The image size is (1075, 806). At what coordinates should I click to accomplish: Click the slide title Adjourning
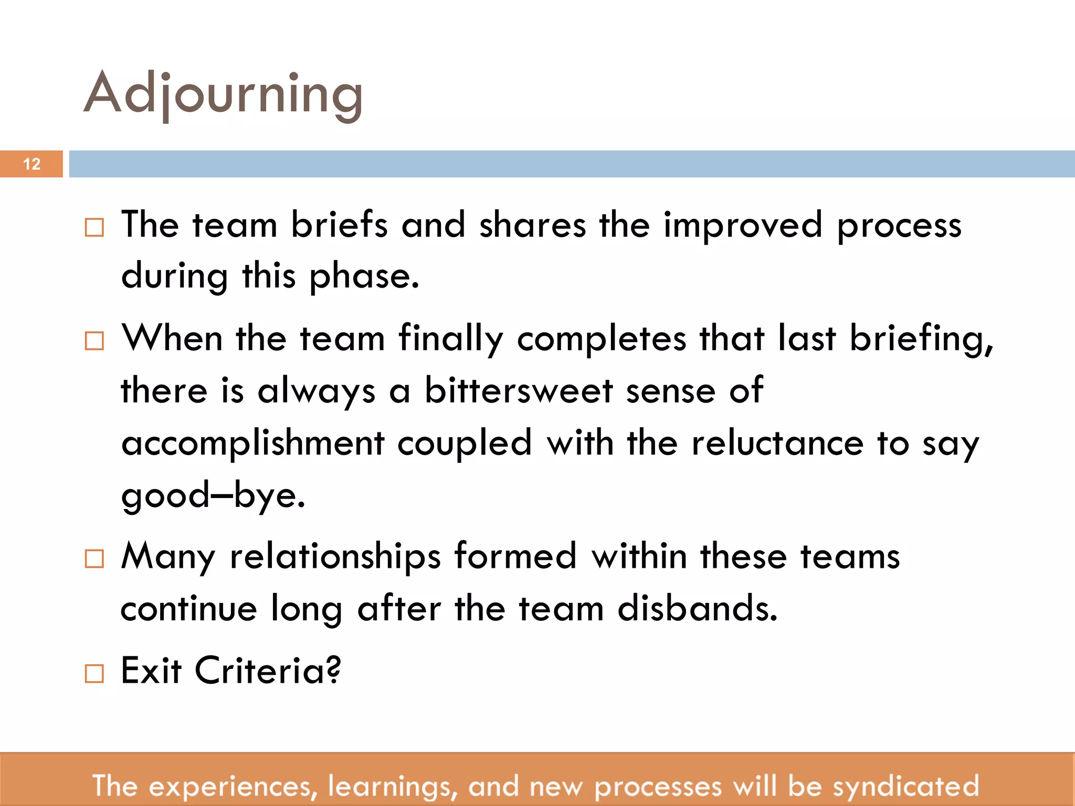coord(223,94)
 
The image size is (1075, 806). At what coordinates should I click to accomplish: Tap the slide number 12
coord(31,164)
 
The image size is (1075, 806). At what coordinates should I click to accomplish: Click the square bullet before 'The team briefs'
coord(94,228)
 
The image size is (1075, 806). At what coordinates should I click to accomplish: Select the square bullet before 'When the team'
coord(94,341)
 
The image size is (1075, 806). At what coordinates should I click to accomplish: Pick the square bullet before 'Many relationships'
coord(94,559)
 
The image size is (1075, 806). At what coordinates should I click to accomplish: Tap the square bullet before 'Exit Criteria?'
coord(94,673)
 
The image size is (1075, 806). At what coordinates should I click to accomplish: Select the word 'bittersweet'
coord(519,390)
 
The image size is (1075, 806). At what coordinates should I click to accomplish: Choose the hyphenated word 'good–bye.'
coord(213,495)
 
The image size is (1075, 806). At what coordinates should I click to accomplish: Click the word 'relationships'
coord(335,556)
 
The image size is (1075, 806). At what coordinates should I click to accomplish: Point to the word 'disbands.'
coord(697,609)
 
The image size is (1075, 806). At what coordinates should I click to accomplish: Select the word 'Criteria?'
coord(268,671)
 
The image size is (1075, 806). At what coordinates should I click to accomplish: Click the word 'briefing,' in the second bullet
coord(921,339)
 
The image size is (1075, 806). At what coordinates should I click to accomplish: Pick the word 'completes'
coord(602,339)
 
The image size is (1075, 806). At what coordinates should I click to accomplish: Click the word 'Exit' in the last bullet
coord(151,671)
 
